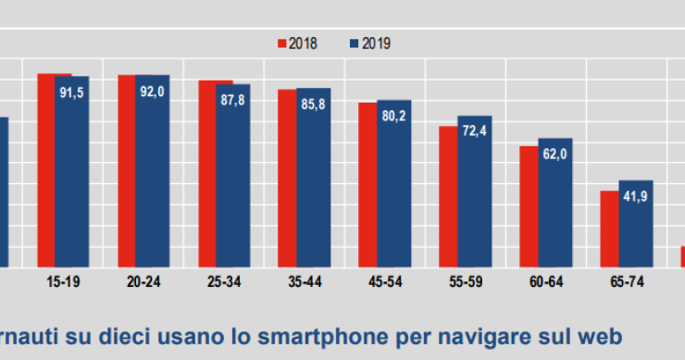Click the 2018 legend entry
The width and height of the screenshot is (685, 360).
pos(298,43)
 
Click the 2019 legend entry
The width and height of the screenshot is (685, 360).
pos(368,43)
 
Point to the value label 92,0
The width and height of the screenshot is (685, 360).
pos(152,92)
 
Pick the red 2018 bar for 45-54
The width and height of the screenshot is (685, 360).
pos(368,185)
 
